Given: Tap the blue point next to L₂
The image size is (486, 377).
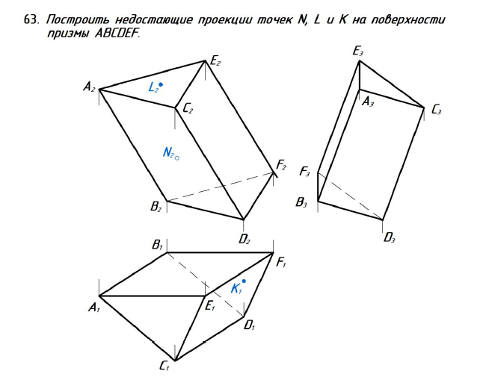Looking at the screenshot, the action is pyautogui.click(x=161, y=85).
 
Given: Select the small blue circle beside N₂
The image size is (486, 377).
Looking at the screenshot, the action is pyautogui.click(x=177, y=158).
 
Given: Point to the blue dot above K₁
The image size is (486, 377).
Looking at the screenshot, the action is pyautogui.click(x=244, y=281).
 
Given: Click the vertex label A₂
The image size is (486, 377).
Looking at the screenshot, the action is pyautogui.click(x=89, y=88).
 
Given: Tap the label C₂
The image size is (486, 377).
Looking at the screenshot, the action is pyautogui.click(x=188, y=110).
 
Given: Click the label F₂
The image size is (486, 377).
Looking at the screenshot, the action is pyautogui.click(x=281, y=165).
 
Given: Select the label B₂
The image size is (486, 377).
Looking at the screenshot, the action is pyautogui.click(x=156, y=208).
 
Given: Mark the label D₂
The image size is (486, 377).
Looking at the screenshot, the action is pyautogui.click(x=244, y=239).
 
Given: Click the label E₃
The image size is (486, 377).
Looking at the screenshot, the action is pyautogui.click(x=358, y=52).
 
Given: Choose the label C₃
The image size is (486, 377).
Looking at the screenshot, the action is pyautogui.click(x=437, y=110).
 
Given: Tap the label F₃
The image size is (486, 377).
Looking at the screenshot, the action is pyautogui.click(x=304, y=172).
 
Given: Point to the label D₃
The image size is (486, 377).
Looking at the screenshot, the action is pyautogui.click(x=389, y=238).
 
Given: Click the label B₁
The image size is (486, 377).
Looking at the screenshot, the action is pyautogui.click(x=157, y=244).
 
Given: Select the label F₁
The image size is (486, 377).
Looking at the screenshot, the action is pyautogui.click(x=281, y=262).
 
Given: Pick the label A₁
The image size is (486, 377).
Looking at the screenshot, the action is pyautogui.click(x=93, y=307).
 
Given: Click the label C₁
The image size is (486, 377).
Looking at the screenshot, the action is pyautogui.click(x=164, y=366).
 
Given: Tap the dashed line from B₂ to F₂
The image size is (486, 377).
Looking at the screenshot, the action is pyautogui.click(x=221, y=187).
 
